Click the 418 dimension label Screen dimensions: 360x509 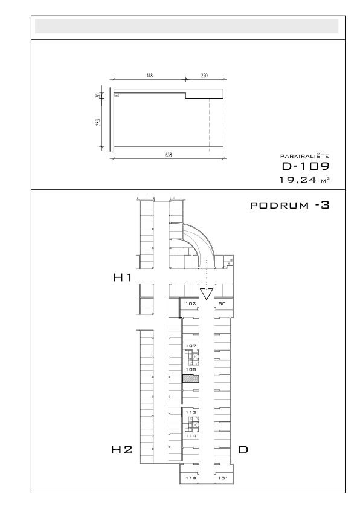click(149, 76)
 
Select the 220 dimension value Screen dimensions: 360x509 click(204, 76)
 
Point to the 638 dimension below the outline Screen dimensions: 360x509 click(168, 155)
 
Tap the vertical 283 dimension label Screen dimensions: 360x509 click(98, 122)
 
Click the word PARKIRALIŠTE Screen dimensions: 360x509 click(304, 156)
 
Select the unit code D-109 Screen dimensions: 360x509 click(306, 166)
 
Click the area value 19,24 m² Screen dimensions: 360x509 click(304, 180)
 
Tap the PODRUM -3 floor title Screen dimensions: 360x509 click(290, 205)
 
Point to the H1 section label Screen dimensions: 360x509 click(123, 277)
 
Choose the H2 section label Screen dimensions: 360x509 click(122, 450)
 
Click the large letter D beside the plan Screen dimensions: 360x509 click(243, 450)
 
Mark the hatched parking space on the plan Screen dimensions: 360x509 click(191, 378)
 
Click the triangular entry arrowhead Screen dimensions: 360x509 click(207, 294)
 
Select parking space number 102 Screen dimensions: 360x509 click(191, 304)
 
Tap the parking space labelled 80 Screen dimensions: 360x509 click(222, 304)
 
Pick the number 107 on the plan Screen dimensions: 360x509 click(191, 346)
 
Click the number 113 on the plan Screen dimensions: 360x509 click(191, 412)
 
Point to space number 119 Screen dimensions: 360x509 click(191, 478)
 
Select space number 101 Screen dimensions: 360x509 click(223, 478)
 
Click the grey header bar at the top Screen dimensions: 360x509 click(187, 26)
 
